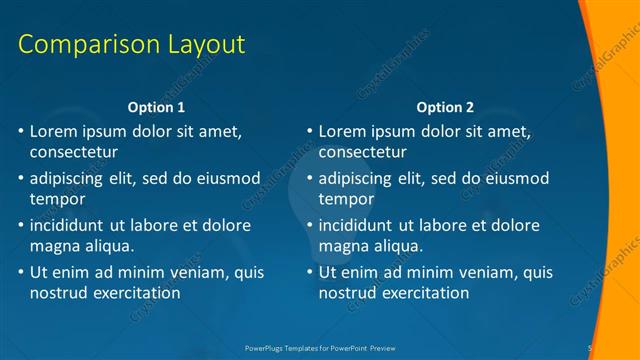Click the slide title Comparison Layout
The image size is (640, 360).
[132, 45]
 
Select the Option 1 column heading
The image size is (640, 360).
[157, 107]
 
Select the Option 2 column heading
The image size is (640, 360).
[445, 107]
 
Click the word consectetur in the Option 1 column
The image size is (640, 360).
[73, 153]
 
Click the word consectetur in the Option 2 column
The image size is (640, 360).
[362, 153]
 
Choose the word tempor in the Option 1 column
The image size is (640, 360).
[55, 199]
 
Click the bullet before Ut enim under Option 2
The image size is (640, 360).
[310, 272]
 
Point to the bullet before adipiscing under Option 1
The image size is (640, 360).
[21, 178]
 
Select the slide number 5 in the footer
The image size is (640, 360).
[590, 347]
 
